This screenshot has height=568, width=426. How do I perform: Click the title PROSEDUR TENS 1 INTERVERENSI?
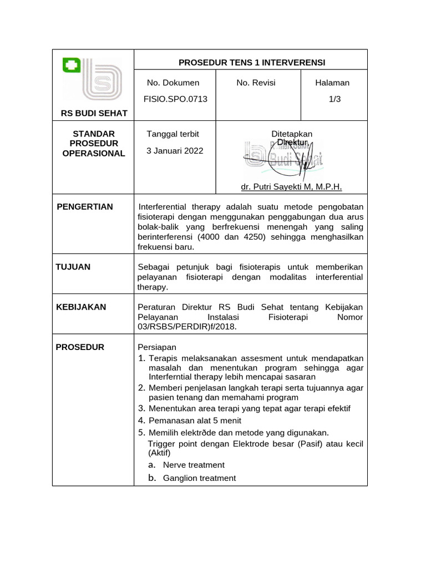coord(251,62)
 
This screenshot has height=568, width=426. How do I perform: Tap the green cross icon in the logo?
coord(72,66)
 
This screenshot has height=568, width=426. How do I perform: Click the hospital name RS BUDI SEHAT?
coord(94,113)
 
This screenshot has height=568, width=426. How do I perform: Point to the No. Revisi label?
coord(256,83)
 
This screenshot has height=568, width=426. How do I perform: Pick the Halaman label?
coord(332,83)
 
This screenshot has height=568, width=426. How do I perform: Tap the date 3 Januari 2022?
coord(175,150)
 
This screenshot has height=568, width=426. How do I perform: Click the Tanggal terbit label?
coord(173,134)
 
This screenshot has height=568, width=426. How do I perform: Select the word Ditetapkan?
coord(292,134)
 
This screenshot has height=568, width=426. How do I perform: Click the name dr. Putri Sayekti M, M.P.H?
coord(292,187)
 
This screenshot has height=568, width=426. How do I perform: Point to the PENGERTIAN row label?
coord(85,206)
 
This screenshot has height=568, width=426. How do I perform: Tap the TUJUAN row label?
coord(73,266)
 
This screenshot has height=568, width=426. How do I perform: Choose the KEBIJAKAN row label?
coord(81,307)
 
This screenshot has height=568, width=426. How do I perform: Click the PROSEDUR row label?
coord(80,347)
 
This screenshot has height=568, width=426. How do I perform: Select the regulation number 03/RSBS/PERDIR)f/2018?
coord(187,327)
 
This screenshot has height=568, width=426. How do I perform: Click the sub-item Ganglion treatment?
coord(199,478)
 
